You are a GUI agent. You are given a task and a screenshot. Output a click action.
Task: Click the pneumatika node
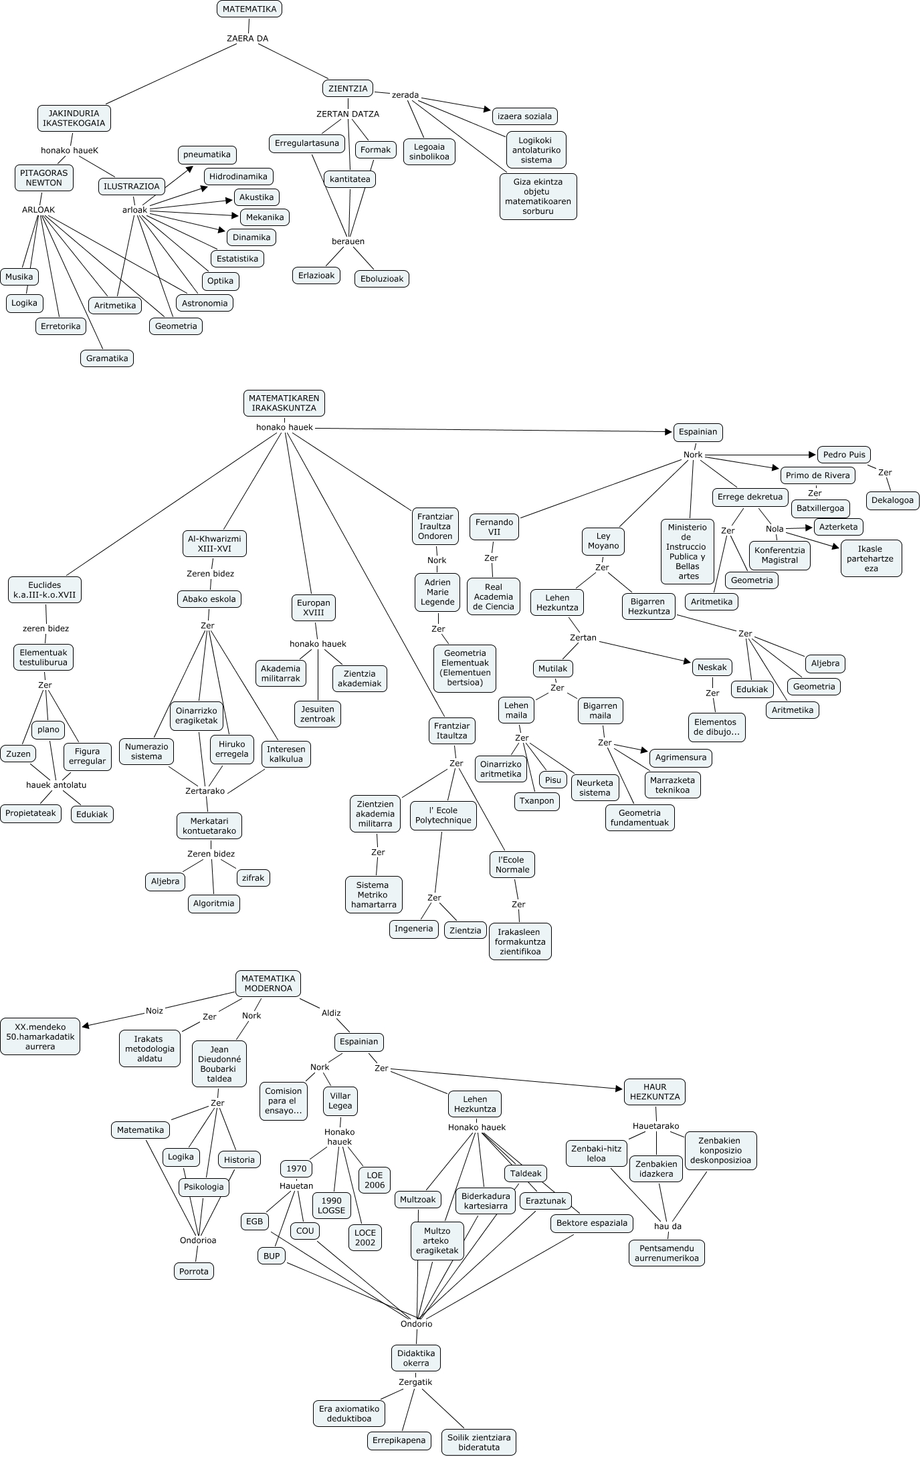207,154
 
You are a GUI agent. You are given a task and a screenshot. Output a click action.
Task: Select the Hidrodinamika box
238,177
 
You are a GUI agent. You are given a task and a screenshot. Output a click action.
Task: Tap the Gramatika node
107,358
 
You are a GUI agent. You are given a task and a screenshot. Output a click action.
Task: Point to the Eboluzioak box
381,279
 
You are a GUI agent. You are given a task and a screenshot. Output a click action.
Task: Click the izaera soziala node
525,116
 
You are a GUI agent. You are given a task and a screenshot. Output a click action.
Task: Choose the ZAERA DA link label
247,39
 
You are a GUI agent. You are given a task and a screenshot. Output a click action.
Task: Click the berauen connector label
348,241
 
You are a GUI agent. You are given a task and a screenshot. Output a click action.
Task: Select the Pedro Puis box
844,455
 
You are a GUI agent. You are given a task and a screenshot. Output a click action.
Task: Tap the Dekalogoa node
892,500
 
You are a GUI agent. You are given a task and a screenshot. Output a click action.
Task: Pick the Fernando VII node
494,527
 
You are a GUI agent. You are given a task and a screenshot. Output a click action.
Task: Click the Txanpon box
537,801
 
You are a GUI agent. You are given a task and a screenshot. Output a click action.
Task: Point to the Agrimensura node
680,758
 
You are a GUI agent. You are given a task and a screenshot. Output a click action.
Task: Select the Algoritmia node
213,903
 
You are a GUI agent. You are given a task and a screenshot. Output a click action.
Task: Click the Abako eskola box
209,599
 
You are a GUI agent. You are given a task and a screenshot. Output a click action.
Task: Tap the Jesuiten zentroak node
318,714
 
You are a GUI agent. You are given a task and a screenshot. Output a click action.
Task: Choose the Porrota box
194,1271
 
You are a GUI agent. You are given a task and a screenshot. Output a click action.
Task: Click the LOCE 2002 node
365,1238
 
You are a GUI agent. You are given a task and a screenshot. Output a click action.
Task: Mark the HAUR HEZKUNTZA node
655,1092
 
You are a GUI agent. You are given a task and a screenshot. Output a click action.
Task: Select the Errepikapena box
399,1440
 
